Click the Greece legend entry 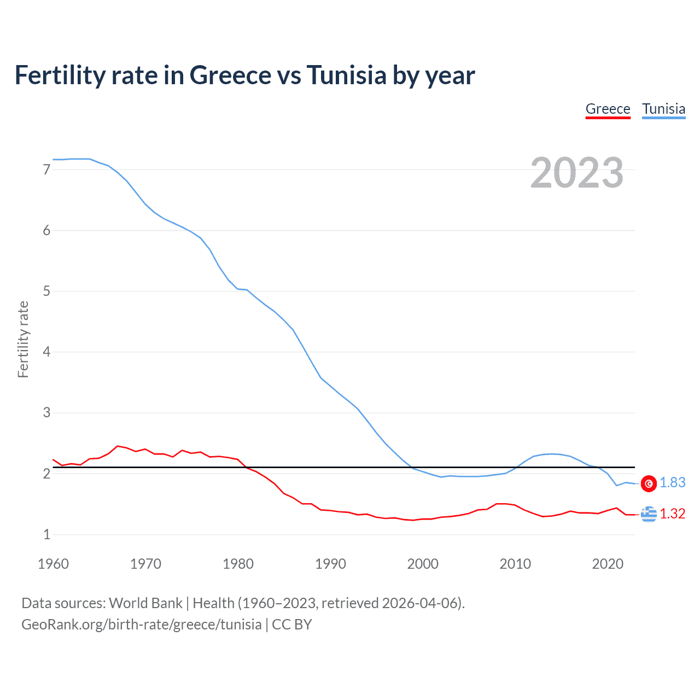tap(608, 109)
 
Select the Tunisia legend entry tap(663, 109)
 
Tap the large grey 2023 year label tap(576, 173)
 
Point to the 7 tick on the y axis tap(46, 170)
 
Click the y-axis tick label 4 tap(46, 352)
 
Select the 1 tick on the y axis tap(46, 534)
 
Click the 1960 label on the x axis tap(53, 564)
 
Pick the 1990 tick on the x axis tap(330, 564)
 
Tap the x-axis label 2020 tap(608, 564)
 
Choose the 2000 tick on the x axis tap(423, 564)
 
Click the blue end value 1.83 tap(672, 482)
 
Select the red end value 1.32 tap(672, 514)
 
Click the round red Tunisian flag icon tap(649, 483)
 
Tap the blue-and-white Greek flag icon tap(649, 514)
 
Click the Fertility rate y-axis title tap(23, 339)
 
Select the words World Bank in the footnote tap(145, 603)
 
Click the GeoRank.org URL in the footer tap(141, 625)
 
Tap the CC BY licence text tap(292, 625)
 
